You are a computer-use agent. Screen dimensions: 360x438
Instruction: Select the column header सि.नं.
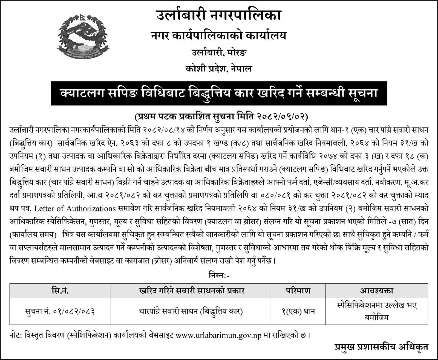pos(60,291)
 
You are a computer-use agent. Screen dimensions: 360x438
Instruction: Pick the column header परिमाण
pos(298,291)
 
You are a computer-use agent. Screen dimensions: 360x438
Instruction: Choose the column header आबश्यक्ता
pos(376,291)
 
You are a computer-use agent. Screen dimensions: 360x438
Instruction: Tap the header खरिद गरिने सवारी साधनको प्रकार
pos(191,291)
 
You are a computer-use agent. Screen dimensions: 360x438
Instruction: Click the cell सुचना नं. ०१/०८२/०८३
pos(60,311)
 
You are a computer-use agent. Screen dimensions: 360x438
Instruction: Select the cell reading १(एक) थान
pos(298,311)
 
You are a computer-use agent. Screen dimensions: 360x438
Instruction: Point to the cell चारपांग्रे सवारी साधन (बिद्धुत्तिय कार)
pos(191,311)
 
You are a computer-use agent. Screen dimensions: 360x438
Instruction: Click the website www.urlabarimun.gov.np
pos(219,335)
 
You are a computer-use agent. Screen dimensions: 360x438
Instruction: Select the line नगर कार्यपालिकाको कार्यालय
pos(219,36)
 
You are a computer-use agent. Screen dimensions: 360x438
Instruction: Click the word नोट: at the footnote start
pos(16,335)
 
